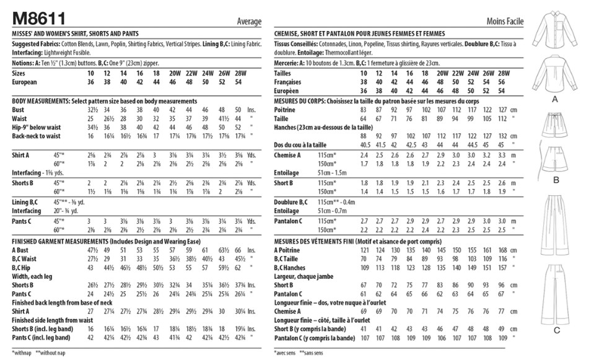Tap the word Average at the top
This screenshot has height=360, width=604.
pyautogui.click(x=248, y=21)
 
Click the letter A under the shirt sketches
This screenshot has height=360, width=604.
pyautogui.click(x=556, y=99)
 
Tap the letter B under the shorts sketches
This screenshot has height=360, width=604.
pyautogui.click(x=556, y=180)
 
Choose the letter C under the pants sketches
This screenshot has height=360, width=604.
pyautogui.click(x=556, y=330)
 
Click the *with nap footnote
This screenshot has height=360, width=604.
pyautogui.click(x=22, y=352)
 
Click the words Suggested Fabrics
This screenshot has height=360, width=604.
pyautogui.click(x=36, y=44)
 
